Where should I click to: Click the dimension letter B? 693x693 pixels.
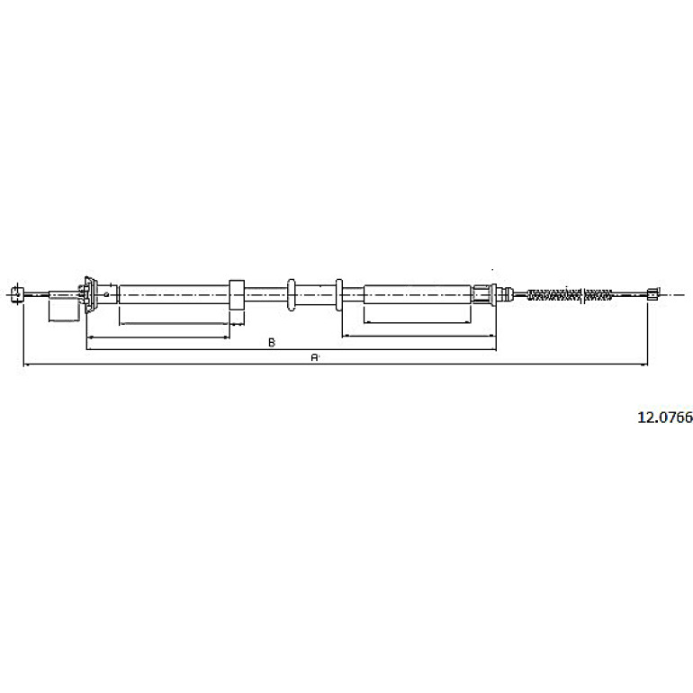(x=272, y=342)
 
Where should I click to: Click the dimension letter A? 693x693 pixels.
(x=314, y=357)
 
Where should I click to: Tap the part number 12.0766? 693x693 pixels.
(x=665, y=418)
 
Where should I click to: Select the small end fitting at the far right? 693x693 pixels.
(x=652, y=294)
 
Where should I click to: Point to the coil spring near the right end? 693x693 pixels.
(x=570, y=294)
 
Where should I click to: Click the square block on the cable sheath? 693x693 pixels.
(x=237, y=294)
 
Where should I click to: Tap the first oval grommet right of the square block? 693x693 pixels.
(x=291, y=294)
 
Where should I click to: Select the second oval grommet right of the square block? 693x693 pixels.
(x=339, y=294)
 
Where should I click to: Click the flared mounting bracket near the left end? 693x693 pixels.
(x=90, y=294)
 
